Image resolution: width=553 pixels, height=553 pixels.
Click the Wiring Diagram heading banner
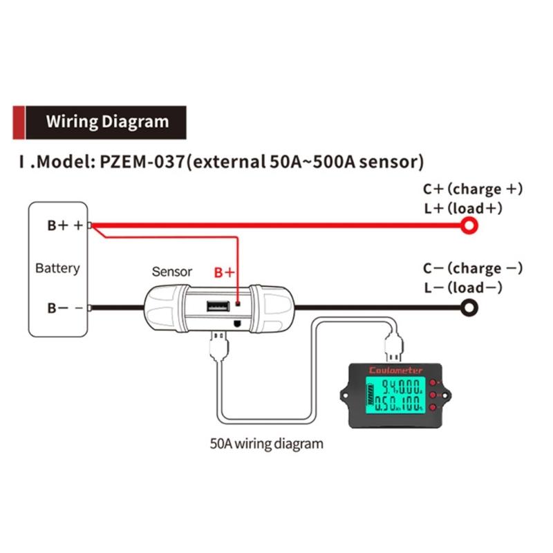107,122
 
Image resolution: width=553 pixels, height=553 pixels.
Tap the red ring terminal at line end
471,225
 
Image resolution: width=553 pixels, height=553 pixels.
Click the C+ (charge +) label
473,189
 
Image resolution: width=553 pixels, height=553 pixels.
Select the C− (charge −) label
473,268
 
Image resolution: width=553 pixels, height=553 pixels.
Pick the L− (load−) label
462,288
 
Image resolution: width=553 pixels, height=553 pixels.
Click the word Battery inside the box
57,268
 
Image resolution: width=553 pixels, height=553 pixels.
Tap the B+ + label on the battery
65,225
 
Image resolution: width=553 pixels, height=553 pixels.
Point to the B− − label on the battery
65,308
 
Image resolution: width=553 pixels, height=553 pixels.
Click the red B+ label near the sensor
225,272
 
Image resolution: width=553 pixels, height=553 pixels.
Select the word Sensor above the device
171,272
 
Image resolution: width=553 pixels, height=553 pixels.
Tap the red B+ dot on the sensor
238,303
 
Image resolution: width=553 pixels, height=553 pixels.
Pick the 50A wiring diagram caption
266,443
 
